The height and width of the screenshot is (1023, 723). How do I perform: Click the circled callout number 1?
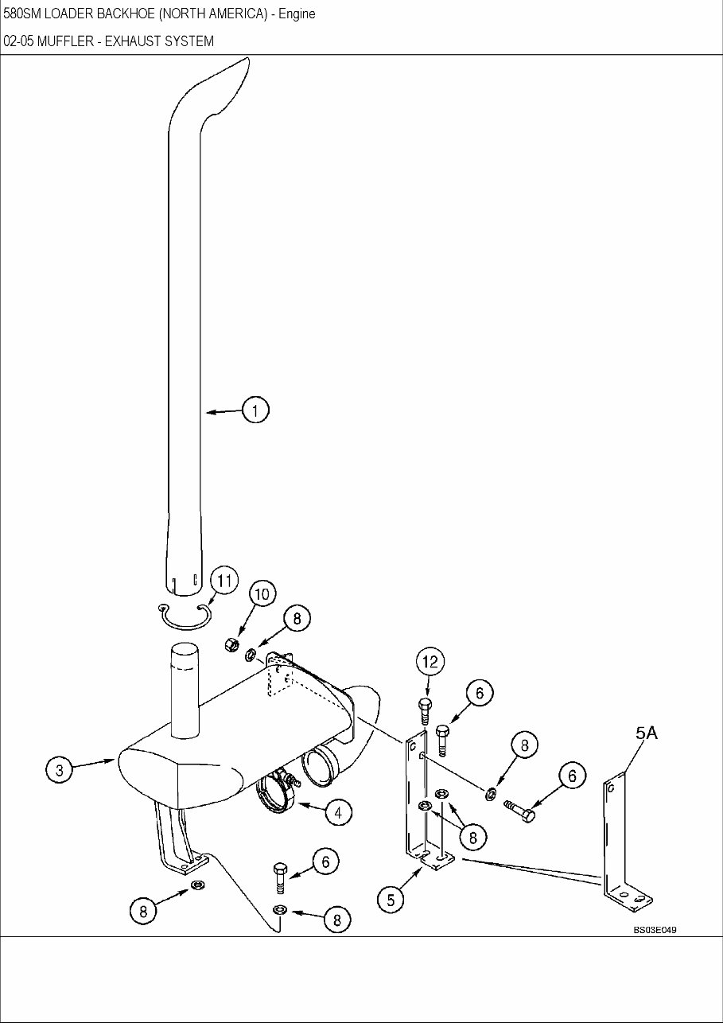(255, 410)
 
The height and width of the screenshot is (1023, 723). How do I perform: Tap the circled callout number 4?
(338, 811)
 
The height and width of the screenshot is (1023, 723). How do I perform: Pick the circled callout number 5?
(391, 900)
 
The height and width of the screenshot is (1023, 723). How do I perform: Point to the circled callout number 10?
(262, 593)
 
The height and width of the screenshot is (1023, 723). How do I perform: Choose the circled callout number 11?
(224, 580)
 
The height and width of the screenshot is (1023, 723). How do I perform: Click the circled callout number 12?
(430, 661)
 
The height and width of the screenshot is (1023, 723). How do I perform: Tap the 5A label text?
(646, 734)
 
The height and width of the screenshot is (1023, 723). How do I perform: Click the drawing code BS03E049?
(655, 929)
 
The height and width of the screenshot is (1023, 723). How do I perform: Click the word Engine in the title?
(297, 14)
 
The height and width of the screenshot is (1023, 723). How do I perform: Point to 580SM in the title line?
(21, 14)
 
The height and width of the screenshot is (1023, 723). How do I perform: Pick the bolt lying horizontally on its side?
(520, 811)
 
